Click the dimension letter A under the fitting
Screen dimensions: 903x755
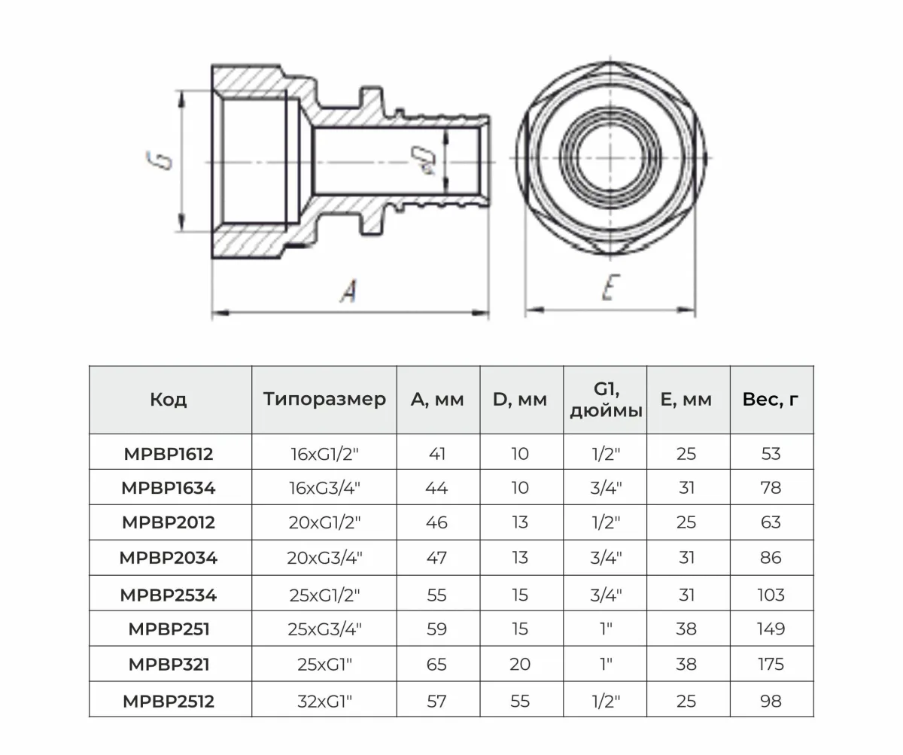[349, 291]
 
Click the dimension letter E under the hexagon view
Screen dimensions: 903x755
[611, 287]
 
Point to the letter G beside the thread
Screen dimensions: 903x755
[159, 160]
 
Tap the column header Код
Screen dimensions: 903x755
[169, 400]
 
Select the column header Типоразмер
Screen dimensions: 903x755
[324, 399]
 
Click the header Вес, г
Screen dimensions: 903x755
[771, 400]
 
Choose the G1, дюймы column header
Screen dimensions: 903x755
[606, 400]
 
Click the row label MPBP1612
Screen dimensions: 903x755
[169, 454]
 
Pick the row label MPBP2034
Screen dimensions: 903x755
[169, 558]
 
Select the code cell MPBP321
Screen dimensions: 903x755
[169, 664]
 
